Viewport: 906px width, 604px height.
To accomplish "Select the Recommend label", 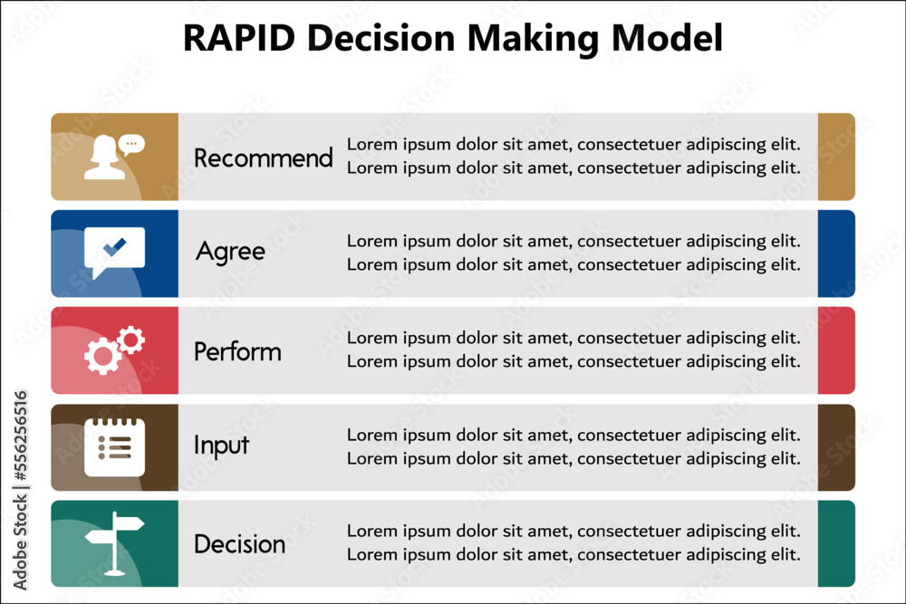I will coord(264,158).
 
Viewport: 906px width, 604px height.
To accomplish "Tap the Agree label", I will coord(230,251).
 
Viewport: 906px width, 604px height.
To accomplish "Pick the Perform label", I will coord(237,351).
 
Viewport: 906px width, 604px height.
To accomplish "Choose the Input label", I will coord(221,446).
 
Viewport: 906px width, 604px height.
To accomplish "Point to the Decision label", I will coord(239,544).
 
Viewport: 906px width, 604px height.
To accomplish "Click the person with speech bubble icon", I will coord(113,157).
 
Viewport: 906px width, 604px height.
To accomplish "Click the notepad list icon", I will coord(114,446).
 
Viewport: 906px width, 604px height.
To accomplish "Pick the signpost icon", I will coord(114,542).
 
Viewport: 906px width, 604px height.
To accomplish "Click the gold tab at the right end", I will coord(835,157).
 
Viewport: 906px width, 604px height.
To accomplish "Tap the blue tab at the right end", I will coord(835,254).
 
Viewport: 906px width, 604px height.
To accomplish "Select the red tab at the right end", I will coord(835,350).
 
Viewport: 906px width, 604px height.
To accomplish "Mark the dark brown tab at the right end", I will coord(835,447).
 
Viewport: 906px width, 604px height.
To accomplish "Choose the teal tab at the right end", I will coord(835,543).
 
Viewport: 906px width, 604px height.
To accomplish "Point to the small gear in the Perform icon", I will coord(131,340).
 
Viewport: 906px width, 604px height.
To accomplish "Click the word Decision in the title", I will coord(397,39).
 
